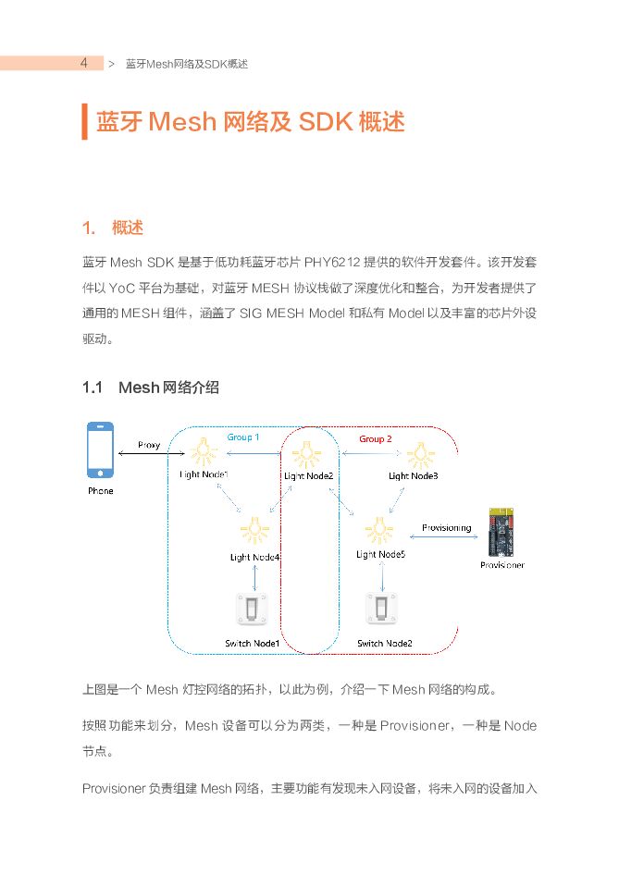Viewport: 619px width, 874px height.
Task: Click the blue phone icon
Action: [100, 451]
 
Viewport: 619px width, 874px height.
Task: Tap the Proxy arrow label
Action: [149, 445]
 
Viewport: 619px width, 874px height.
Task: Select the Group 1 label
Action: [243, 437]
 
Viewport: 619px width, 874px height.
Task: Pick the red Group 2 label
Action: [375, 438]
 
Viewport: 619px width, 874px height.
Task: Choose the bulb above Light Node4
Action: [253, 530]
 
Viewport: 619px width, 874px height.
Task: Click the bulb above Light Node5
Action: [378, 529]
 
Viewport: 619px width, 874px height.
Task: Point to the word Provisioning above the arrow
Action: [446, 528]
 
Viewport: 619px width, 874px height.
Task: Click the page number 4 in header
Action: [83, 63]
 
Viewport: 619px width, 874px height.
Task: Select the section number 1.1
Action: [92, 388]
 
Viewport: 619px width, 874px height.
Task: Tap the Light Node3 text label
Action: [414, 475]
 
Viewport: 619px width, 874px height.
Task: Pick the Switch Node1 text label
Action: [252, 643]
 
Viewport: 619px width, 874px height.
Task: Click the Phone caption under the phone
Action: [100, 490]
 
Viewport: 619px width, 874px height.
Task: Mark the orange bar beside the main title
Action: [84, 122]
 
